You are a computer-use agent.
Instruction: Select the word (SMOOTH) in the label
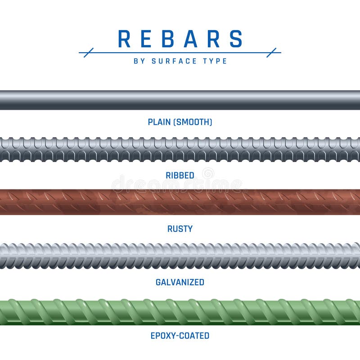(x=193, y=122)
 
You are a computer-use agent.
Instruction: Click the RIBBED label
(x=180, y=175)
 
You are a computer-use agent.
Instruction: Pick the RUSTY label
(x=180, y=229)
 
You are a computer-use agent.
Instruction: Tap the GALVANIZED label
(x=180, y=282)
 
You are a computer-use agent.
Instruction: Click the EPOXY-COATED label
(x=180, y=336)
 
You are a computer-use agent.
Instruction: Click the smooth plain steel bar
(x=180, y=100)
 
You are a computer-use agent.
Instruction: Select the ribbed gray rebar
(x=180, y=149)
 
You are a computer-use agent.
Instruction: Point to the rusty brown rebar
(x=180, y=202)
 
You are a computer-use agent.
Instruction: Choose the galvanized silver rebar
(x=180, y=256)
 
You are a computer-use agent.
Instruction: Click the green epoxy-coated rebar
(x=180, y=310)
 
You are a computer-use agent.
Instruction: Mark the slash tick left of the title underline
(x=89, y=53)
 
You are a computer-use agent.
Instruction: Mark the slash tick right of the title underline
(x=271, y=53)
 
